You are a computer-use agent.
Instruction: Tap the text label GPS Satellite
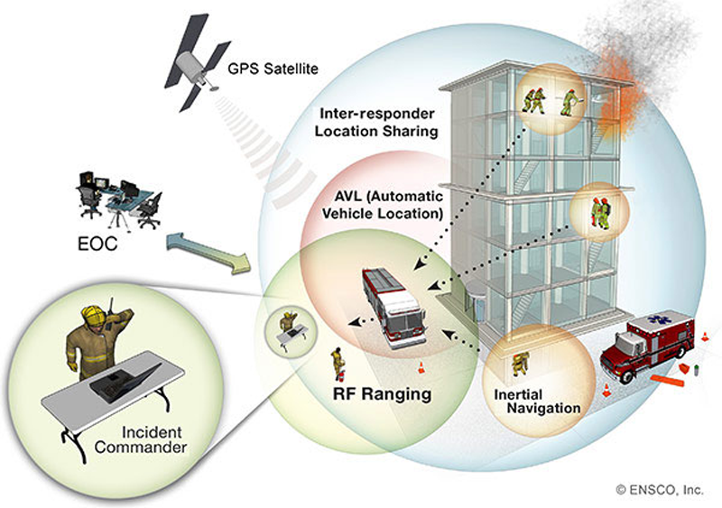(270, 68)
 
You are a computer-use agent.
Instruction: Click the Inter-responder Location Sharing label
(377, 123)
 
